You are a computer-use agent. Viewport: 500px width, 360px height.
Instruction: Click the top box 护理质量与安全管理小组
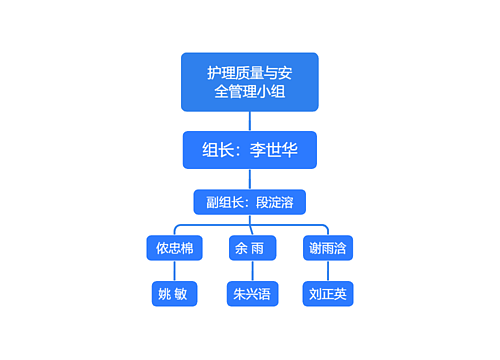(x=249, y=82)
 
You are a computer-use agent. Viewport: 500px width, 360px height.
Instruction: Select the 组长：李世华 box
(x=249, y=150)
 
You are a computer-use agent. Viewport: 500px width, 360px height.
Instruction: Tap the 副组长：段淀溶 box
(x=249, y=202)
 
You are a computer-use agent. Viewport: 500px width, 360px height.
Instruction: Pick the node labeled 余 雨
(x=249, y=248)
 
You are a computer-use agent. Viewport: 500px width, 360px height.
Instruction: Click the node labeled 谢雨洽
(x=328, y=248)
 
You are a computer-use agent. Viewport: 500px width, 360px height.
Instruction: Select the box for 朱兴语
(x=250, y=294)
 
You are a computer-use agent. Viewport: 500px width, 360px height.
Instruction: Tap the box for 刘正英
(x=328, y=294)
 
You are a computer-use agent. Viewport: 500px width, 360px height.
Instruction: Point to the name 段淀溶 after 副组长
(x=274, y=202)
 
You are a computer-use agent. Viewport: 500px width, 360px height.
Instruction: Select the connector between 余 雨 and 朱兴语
(x=250, y=271)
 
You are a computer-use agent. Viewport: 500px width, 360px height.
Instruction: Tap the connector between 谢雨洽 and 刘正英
(x=328, y=271)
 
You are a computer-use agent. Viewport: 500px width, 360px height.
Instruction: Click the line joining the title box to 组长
(x=249, y=121)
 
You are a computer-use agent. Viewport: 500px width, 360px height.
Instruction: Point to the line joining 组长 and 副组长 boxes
(x=249, y=179)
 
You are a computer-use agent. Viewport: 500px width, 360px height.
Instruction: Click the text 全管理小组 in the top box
(x=249, y=93)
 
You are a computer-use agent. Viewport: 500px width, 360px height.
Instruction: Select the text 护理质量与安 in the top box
(x=249, y=72)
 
